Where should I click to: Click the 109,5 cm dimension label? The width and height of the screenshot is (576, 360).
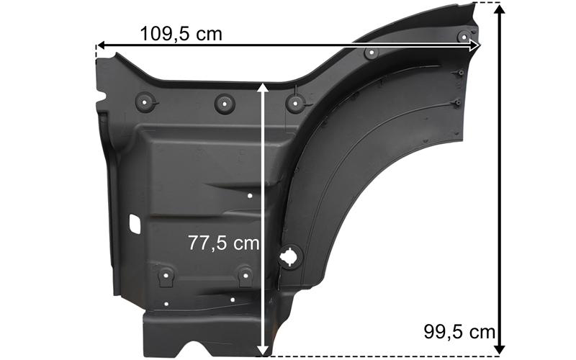181,34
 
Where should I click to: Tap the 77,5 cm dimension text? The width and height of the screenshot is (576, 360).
224,243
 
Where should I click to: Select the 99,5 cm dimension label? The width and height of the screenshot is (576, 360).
459,332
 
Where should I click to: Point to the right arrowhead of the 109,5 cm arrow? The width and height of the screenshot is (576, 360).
475,45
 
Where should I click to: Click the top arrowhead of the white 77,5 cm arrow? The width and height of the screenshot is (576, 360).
262,87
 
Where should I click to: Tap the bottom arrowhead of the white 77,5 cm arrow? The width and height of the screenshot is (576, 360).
262,351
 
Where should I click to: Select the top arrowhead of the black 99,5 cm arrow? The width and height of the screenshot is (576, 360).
499,9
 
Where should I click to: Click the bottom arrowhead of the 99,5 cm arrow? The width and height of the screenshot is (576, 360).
499,350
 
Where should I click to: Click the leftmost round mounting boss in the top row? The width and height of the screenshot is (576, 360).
145,102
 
